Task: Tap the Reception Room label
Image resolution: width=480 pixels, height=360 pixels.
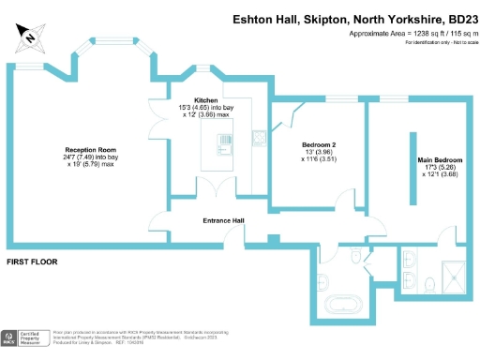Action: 89,150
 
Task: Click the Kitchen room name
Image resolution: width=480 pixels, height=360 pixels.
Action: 206,100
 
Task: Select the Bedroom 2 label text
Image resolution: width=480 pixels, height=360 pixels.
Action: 319,145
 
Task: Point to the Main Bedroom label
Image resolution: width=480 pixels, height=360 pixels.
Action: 442,159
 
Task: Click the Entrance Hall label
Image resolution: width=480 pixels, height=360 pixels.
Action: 224,220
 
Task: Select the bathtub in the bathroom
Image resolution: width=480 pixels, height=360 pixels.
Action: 345,304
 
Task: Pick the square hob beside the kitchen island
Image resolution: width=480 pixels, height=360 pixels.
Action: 259,135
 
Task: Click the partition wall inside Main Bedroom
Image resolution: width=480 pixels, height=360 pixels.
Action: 412,165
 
